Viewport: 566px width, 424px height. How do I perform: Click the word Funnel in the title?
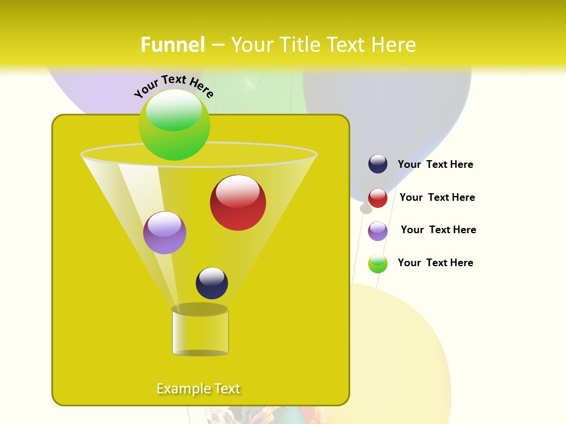pyautogui.click(x=173, y=45)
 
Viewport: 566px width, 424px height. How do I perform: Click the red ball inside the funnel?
pyautogui.click(x=238, y=203)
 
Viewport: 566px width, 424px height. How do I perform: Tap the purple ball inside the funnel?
pyautogui.click(x=164, y=233)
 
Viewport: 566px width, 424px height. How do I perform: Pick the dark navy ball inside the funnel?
pyautogui.click(x=212, y=283)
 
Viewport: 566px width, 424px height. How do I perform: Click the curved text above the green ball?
pyautogui.click(x=174, y=86)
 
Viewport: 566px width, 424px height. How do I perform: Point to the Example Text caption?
pyautogui.click(x=199, y=389)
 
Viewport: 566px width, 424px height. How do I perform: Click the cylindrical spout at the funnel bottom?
pyautogui.click(x=200, y=333)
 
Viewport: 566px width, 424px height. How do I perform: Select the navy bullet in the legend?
pyautogui.click(x=378, y=164)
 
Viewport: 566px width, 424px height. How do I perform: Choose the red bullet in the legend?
pyautogui.click(x=378, y=198)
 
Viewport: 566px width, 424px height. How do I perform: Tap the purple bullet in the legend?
pyautogui.click(x=378, y=231)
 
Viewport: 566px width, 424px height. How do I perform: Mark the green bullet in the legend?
pyautogui.click(x=378, y=263)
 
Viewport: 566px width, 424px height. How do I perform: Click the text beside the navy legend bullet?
pyautogui.click(x=435, y=165)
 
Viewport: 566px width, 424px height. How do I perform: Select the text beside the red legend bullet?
pyautogui.click(x=437, y=198)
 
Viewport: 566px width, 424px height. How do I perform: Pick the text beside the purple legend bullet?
pyautogui.click(x=438, y=230)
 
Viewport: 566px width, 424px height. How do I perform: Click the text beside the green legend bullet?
pyautogui.click(x=435, y=263)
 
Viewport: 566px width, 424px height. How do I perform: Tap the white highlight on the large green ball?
pyautogui.click(x=174, y=111)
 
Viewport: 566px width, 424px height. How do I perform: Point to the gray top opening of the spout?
pyautogui.click(x=199, y=309)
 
